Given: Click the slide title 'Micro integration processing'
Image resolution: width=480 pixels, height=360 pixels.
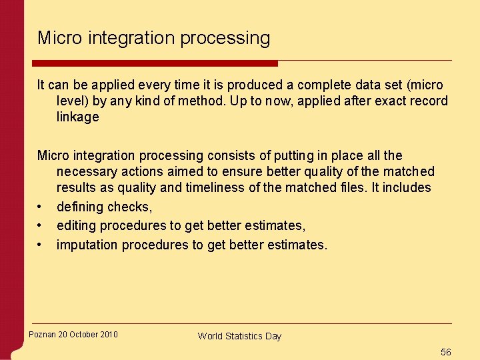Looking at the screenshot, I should [x=154, y=38].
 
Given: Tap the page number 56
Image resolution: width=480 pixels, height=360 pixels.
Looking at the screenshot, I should [x=446, y=351].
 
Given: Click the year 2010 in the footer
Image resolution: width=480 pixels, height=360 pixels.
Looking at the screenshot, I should [x=108, y=335].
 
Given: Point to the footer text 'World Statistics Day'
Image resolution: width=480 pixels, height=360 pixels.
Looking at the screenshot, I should [x=239, y=336].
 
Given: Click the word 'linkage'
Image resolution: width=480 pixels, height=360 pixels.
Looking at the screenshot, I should [x=77, y=117].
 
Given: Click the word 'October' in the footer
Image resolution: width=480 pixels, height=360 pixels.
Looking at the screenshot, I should [x=82, y=335].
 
